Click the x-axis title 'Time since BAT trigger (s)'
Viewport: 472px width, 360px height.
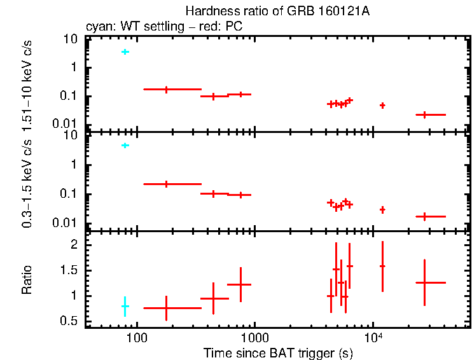(278, 352)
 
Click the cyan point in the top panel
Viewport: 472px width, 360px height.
(125, 52)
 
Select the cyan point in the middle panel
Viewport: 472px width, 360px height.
(125, 146)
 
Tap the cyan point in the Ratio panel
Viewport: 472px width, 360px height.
(125, 306)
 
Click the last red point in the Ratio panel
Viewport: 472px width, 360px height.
(424, 282)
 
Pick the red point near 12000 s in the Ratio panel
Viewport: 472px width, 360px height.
(382, 266)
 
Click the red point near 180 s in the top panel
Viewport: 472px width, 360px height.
(166, 90)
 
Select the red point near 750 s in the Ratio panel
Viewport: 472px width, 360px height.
(240, 284)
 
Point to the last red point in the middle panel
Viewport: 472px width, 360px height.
(424, 216)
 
